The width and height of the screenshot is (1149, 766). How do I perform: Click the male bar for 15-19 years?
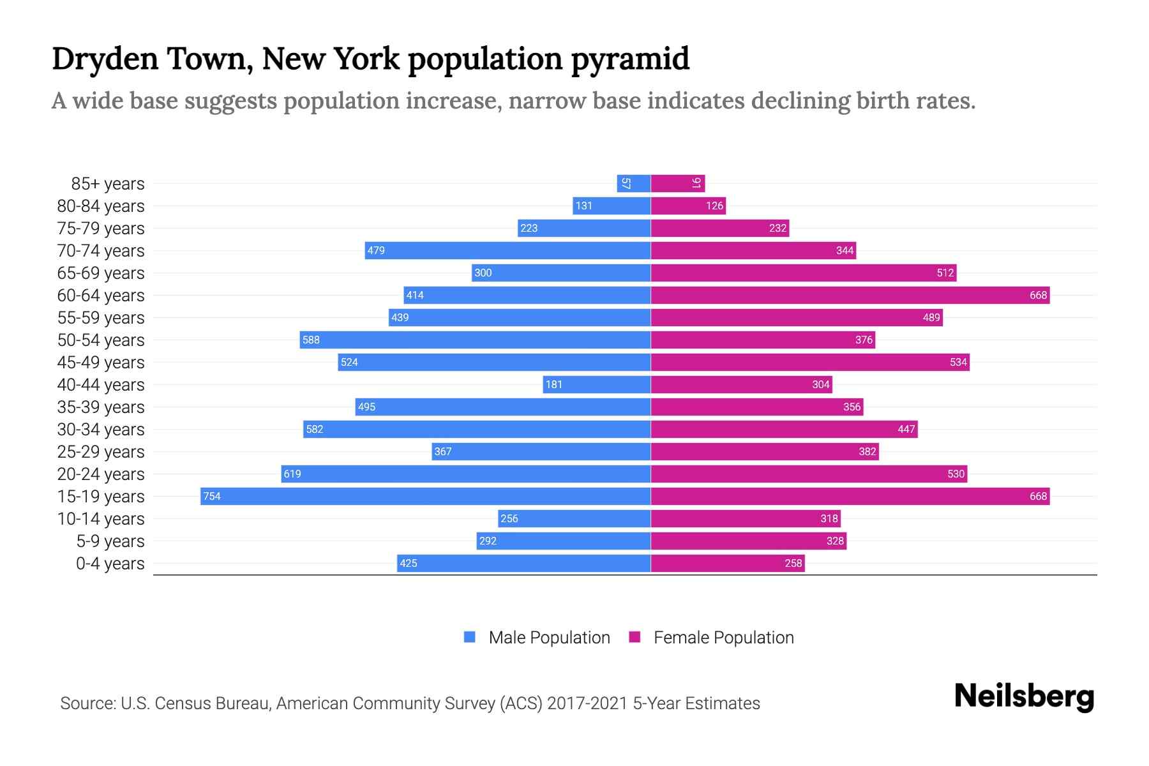coord(426,496)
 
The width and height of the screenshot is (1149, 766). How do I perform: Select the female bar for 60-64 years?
coord(850,295)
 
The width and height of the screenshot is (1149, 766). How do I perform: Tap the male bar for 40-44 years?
coord(597,384)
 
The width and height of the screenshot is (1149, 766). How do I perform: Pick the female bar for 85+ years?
coord(678,183)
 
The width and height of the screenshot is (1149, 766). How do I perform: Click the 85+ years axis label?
coord(108,184)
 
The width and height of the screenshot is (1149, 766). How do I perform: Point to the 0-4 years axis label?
coord(110,564)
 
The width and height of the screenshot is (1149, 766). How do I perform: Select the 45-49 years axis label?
coord(101,363)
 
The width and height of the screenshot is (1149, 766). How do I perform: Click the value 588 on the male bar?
coord(311,340)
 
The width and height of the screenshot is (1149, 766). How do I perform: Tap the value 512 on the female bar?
coord(945,273)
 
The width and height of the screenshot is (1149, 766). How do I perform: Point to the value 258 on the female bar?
coord(793,563)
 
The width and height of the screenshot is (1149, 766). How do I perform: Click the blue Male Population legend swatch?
coord(470,637)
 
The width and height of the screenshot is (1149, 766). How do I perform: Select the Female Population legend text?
coord(723,638)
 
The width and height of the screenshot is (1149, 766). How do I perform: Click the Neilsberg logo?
coord(1024,696)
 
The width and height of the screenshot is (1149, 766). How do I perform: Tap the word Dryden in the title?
coord(105,59)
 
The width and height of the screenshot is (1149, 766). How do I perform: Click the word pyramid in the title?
coord(629,60)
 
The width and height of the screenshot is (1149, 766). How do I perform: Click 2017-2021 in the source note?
coord(587,703)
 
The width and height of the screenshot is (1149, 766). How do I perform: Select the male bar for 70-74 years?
coord(507,250)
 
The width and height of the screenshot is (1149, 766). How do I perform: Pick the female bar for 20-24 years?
coord(809,474)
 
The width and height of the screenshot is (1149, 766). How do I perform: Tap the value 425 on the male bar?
coord(408,563)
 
